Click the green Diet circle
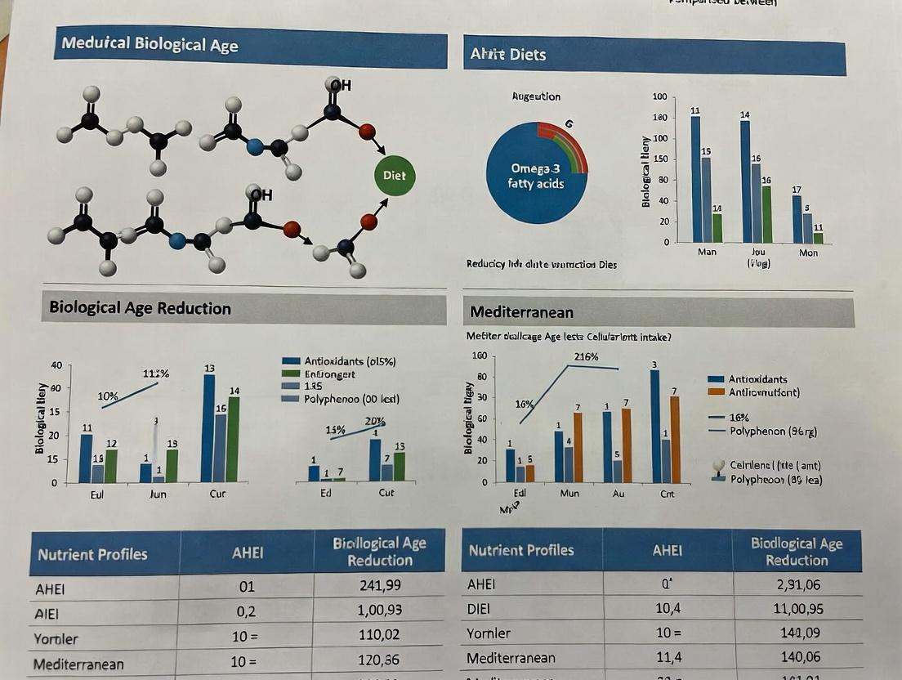point(394,176)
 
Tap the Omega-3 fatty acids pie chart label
point(537,176)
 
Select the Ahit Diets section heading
point(507,55)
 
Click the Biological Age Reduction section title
point(140,308)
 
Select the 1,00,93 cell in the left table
point(379,610)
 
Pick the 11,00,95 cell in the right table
point(797,608)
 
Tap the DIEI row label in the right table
point(478,609)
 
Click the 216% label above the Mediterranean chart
point(586,356)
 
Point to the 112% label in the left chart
point(155,374)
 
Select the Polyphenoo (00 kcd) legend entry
point(341,399)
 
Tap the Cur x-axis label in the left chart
point(217,494)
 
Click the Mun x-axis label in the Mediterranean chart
point(569,494)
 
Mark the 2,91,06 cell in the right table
point(797,584)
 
